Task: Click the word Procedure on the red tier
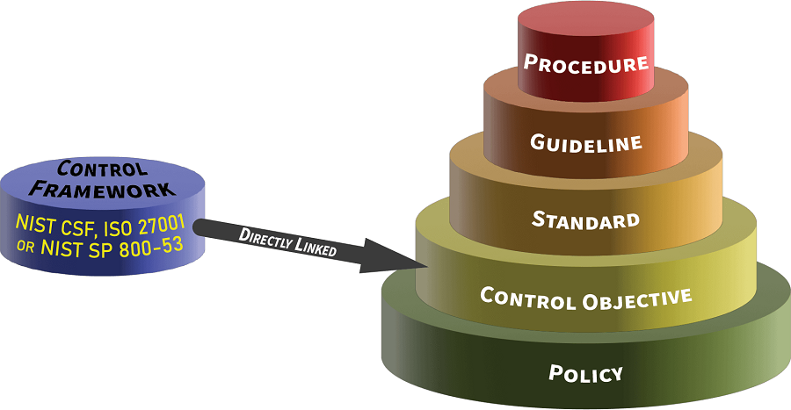pos(585,63)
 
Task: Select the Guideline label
pos(585,142)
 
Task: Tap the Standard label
pos(585,219)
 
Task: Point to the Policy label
pos(585,373)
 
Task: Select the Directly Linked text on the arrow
pos(288,242)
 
